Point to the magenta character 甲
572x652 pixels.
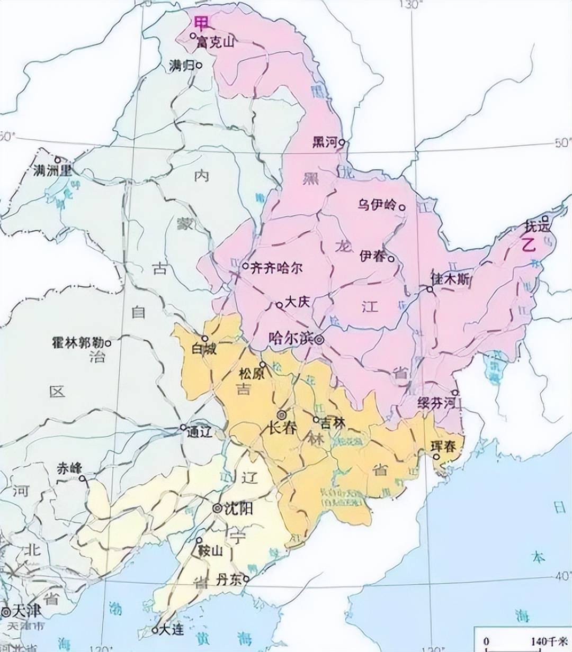(201, 23)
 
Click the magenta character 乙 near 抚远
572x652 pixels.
(528, 245)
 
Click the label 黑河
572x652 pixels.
(325, 142)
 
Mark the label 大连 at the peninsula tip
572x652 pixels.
(171, 630)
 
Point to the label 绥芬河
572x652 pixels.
(436, 402)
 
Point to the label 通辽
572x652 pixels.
(199, 431)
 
